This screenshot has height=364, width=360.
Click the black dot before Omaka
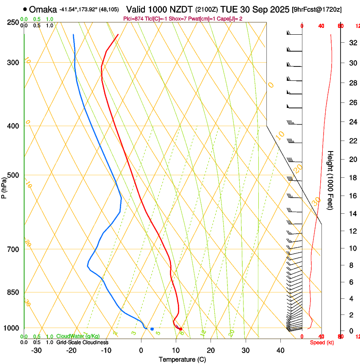(x=25, y=9)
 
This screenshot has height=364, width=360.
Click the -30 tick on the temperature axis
(x=36, y=350)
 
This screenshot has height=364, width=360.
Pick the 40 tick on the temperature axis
(x=280, y=350)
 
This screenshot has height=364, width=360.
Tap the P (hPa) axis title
(x=4, y=187)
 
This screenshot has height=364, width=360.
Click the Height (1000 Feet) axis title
(x=330, y=180)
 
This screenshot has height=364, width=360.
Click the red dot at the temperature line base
(x=180, y=329)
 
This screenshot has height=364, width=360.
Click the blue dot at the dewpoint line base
(x=152, y=329)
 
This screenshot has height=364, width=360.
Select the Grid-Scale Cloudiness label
(x=82, y=342)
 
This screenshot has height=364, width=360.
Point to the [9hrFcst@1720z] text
(x=317, y=9)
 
